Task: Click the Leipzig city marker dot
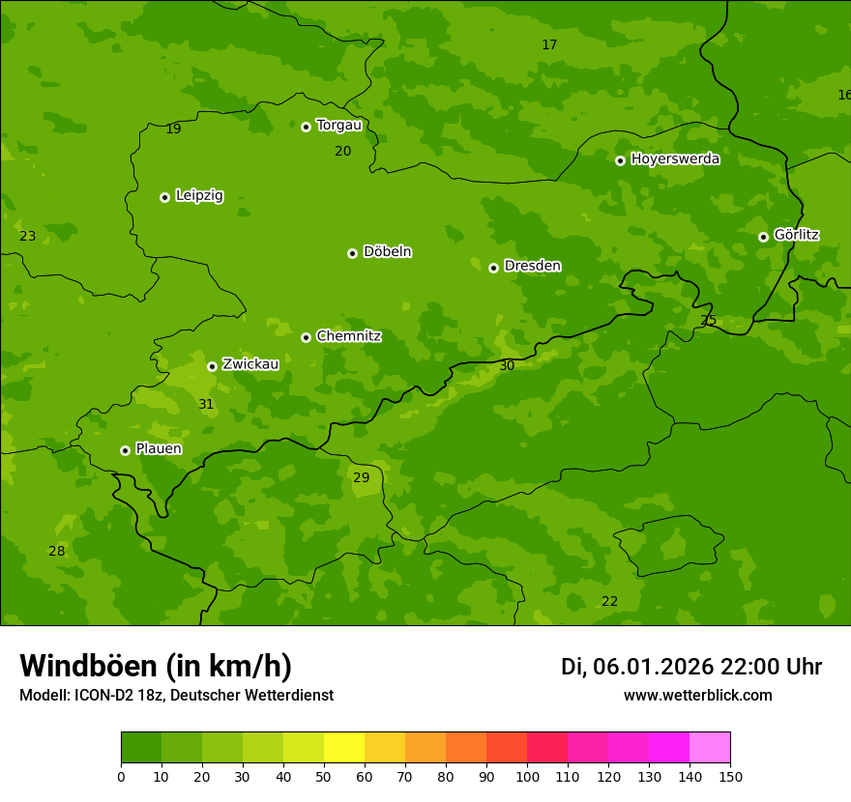tap(164, 197)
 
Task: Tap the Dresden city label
tap(532, 266)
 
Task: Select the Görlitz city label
tap(796, 235)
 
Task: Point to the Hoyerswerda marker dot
tap(620, 160)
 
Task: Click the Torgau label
tap(338, 126)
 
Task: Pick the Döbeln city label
tap(387, 252)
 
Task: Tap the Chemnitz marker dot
tap(306, 337)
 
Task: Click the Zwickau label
tap(250, 364)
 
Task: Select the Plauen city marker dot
tap(125, 450)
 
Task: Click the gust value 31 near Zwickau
tap(206, 404)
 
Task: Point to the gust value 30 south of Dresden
tap(507, 365)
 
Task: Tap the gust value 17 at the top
tap(549, 45)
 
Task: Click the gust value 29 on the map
tap(361, 477)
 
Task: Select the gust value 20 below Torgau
tap(343, 151)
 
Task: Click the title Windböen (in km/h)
tap(156, 666)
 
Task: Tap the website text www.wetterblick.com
tap(697, 696)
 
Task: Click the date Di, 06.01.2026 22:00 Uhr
tap(691, 667)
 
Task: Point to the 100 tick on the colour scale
tap(527, 776)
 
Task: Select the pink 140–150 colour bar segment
tap(710, 748)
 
